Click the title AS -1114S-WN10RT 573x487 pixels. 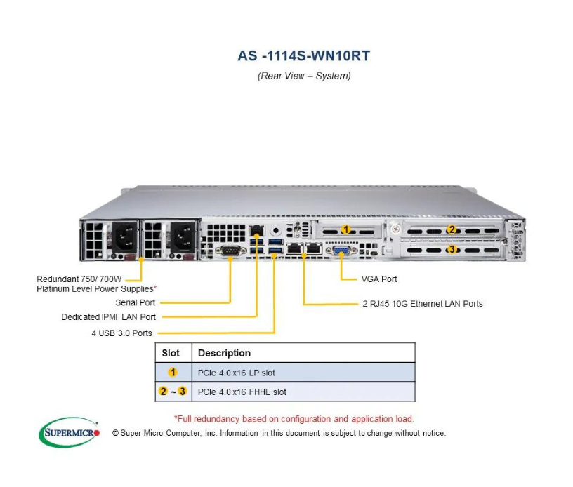click(303, 56)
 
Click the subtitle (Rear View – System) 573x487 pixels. click(303, 76)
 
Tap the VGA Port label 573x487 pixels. click(379, 279)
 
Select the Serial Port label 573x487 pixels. click(137, 302)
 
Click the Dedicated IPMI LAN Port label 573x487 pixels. click(109, 317)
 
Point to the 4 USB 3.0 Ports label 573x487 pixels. click(121, 333)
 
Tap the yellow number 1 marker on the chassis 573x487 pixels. click(345, 229)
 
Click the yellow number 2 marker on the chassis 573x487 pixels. click(452, 229)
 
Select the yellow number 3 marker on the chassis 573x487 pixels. click(452, 249)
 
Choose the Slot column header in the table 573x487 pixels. click(171, 353)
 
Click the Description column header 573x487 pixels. click(224, 353)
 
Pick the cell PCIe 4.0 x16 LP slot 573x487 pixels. click(242, 373)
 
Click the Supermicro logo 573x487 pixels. click(69, 432)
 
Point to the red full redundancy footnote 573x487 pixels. click(294, 419)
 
